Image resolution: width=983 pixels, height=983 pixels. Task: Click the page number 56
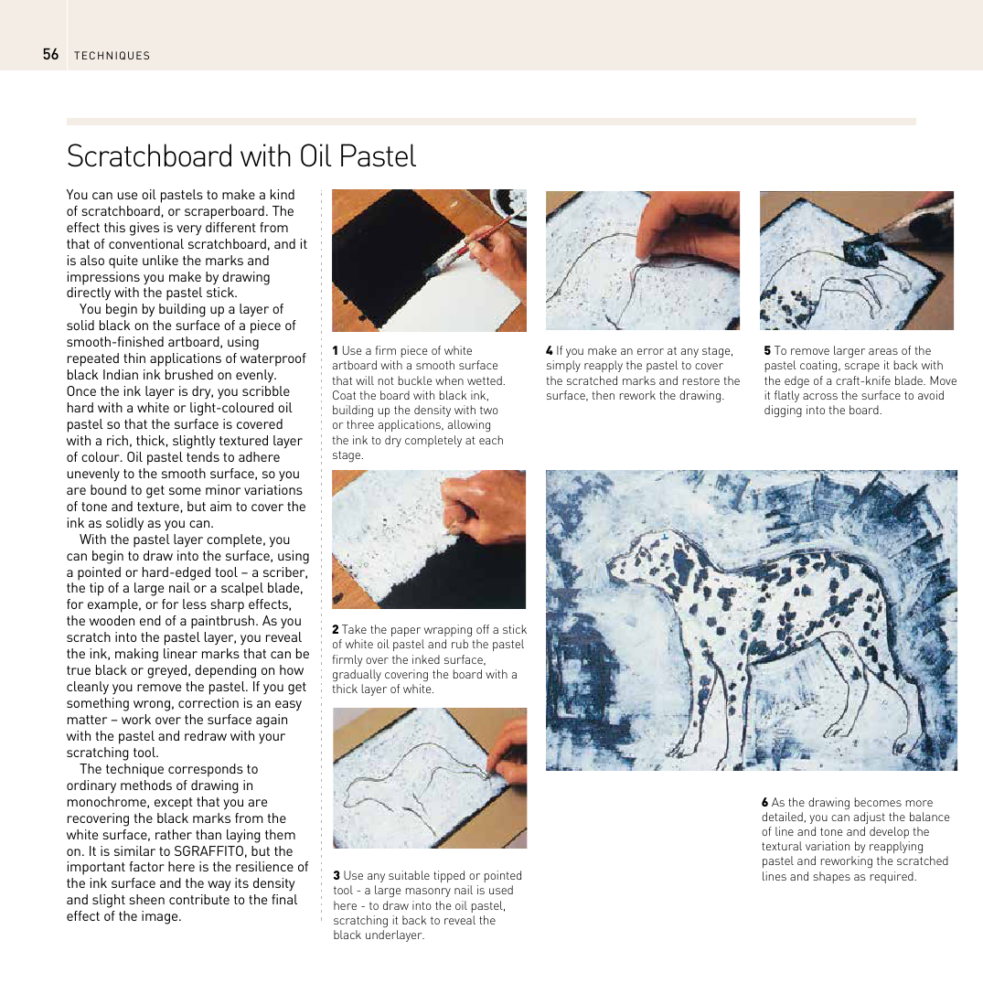pyautogui.click(x=51, y=55)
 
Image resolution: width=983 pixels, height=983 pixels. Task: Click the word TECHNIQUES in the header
pyautogui.click(x=112, y=56)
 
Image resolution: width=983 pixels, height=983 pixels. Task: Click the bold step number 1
pyautogui.click(x=336, y=351)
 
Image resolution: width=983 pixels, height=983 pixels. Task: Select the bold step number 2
pyautogui.click(x=336, y=630)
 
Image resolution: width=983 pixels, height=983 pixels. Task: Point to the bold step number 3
pyautogui.click(x=337, y=876)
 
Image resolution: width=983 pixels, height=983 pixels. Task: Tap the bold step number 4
pyautogui.click(x=550, y=351)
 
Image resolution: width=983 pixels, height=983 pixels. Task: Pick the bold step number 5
pyautogui.click(x=768, y=351)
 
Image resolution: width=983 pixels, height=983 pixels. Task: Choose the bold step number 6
pyautogui.click(x=765, y=803)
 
